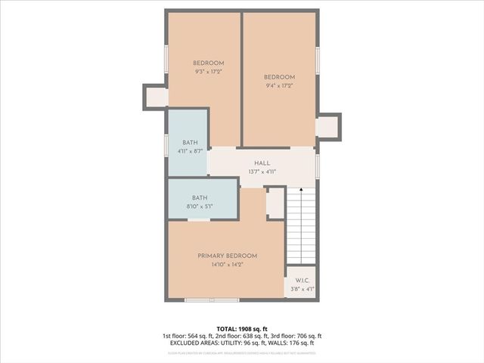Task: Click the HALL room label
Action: pos(262,163)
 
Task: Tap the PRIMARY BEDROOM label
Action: pos(228,256)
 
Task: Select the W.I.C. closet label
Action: pos(302,280)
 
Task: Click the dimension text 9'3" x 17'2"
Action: pos(208,71)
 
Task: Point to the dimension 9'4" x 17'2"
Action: pos(279,85)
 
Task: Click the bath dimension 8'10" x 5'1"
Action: pos(200,206)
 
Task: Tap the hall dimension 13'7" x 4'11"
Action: pos(262,172)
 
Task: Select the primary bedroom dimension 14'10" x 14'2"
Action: pos(228,265)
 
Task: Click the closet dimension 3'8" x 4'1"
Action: pos(302,289)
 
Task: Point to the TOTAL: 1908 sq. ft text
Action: pos(242,328)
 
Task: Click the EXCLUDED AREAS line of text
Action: pos(242,343)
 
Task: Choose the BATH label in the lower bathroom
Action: pos(200,197)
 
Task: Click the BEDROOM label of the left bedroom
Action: pos(208,63)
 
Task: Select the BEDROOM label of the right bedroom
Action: pos(279,77)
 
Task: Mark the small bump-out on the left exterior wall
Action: pos(156,96)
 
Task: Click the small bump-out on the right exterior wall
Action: pos(328,125)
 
